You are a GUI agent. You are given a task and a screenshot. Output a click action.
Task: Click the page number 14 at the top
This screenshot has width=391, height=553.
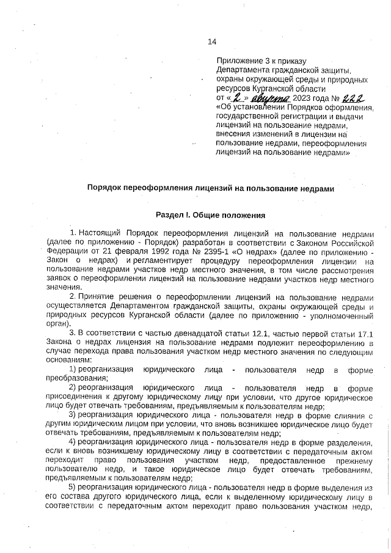coord(212,42)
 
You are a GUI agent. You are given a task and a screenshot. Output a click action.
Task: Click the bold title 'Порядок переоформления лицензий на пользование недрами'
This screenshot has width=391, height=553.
coord(211,189)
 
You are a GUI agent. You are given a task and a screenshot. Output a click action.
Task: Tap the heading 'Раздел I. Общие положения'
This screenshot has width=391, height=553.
coord(211,216)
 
